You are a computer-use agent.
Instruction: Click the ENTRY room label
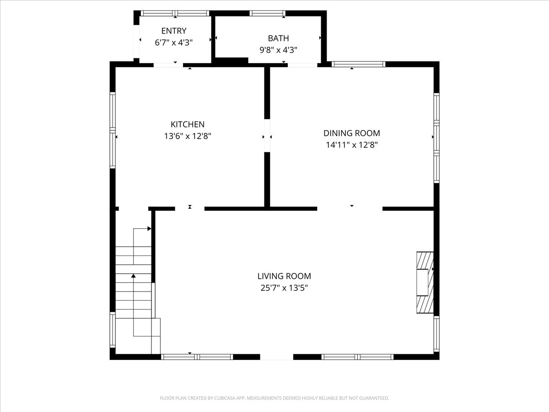[174, 31]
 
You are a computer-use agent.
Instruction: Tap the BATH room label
[278, 38]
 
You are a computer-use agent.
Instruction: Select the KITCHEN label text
[188, 125]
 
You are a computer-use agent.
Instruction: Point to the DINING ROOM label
[351, 133]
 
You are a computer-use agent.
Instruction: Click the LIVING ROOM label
[284, 276]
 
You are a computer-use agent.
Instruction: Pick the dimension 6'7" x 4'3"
[174, 43]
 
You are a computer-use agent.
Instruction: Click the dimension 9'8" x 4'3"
[278, 50]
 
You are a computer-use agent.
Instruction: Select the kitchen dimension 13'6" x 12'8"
[188, 136]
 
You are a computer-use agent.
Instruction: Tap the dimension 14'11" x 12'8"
[351, 145]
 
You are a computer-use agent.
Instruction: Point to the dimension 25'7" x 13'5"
[284, 288]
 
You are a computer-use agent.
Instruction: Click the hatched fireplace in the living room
[425, 282]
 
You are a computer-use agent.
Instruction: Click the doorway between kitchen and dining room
[267, 136]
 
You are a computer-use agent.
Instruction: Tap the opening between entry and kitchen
[168, 65]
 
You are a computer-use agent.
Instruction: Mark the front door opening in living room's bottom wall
[277, 357]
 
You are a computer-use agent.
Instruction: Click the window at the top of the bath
[267, 13]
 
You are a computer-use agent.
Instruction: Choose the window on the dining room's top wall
[358, 64]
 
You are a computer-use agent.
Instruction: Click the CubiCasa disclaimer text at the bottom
[274, 398]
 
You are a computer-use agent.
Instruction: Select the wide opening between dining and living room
[350, 209]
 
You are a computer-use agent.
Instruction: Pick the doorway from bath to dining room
[302, 65]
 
